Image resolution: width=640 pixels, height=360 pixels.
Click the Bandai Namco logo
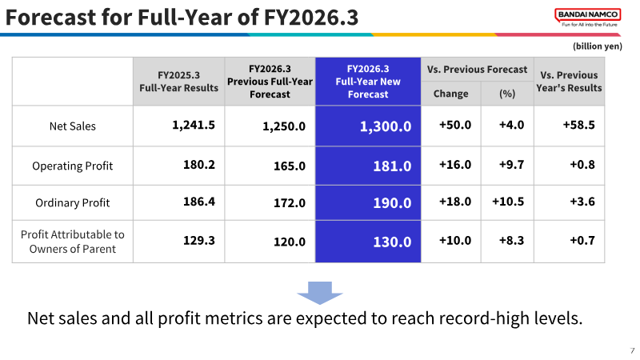point(588,18)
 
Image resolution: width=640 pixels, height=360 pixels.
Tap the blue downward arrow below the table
point(319,293)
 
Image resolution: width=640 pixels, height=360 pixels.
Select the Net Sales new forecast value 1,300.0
point(386,126)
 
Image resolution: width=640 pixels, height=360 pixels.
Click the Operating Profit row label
point(73,166)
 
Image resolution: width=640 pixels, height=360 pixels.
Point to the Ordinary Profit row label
point(73,203)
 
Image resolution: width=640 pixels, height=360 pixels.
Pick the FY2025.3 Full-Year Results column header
point(178,82)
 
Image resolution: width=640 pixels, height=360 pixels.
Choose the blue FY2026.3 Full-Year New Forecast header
point(368,82)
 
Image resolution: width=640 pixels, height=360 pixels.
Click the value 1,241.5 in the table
point(194,125)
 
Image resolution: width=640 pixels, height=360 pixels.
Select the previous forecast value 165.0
point(290,166)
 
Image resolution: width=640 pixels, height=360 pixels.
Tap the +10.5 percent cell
point(508,202)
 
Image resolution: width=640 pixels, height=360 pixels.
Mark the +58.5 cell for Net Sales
point(578,125)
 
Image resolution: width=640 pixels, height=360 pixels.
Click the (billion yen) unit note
point(598,46)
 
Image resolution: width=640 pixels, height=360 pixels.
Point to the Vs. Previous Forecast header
point(477,70)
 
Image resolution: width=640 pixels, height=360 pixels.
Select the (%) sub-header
point(507,94)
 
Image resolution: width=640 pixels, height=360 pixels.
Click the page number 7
point(632,350)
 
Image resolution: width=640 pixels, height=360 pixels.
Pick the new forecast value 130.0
point(392,242)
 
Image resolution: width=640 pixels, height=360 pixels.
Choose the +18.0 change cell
point(455,202)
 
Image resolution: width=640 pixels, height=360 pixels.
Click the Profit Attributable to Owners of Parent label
point(73,242)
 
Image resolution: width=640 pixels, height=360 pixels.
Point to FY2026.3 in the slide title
point(311,18)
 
